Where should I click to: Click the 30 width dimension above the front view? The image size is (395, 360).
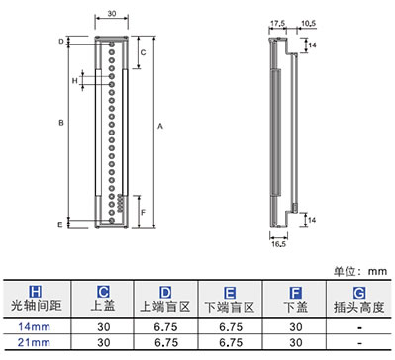pyautogui.click(x=112, y=14)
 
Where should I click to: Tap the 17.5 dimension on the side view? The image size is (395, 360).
pyautogui.click(x=278, y=24)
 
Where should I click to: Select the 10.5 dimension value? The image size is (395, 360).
pyautogui.click(x=308, y=24)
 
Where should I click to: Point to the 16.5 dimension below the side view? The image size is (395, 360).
pyautogui.click(x=279, y=244)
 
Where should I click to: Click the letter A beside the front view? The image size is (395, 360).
pyautogui.click(x=160, y=126)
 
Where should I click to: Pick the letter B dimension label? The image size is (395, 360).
pyautogui.click(x=61, y=123)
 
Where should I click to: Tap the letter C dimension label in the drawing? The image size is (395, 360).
pyautogui.click(x=143, y=52)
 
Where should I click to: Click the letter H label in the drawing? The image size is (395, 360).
pyautogui.click(x=75, y=81)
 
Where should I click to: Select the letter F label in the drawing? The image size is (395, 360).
pyautogui.click(x=143, y=212)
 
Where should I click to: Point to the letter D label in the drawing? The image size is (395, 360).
pyautogui.click(x=61, y=42)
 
